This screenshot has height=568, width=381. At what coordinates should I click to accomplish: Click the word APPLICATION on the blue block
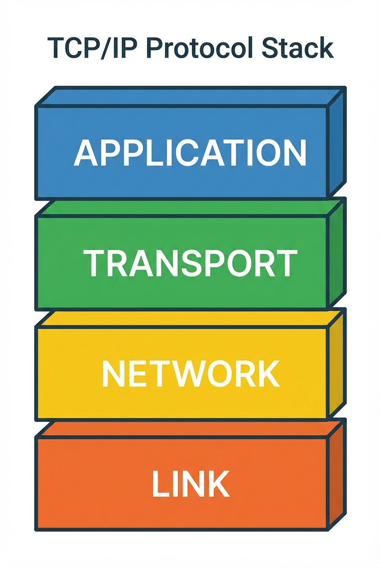click(190, 153)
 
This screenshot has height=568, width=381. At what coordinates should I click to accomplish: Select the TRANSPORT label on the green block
click(190, 264)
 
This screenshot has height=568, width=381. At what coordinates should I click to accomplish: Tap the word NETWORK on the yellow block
click(190, 374)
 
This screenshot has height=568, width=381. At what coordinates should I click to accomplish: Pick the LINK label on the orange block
click(190, 484)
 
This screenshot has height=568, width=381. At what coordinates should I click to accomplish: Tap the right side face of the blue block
click(336, 144)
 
